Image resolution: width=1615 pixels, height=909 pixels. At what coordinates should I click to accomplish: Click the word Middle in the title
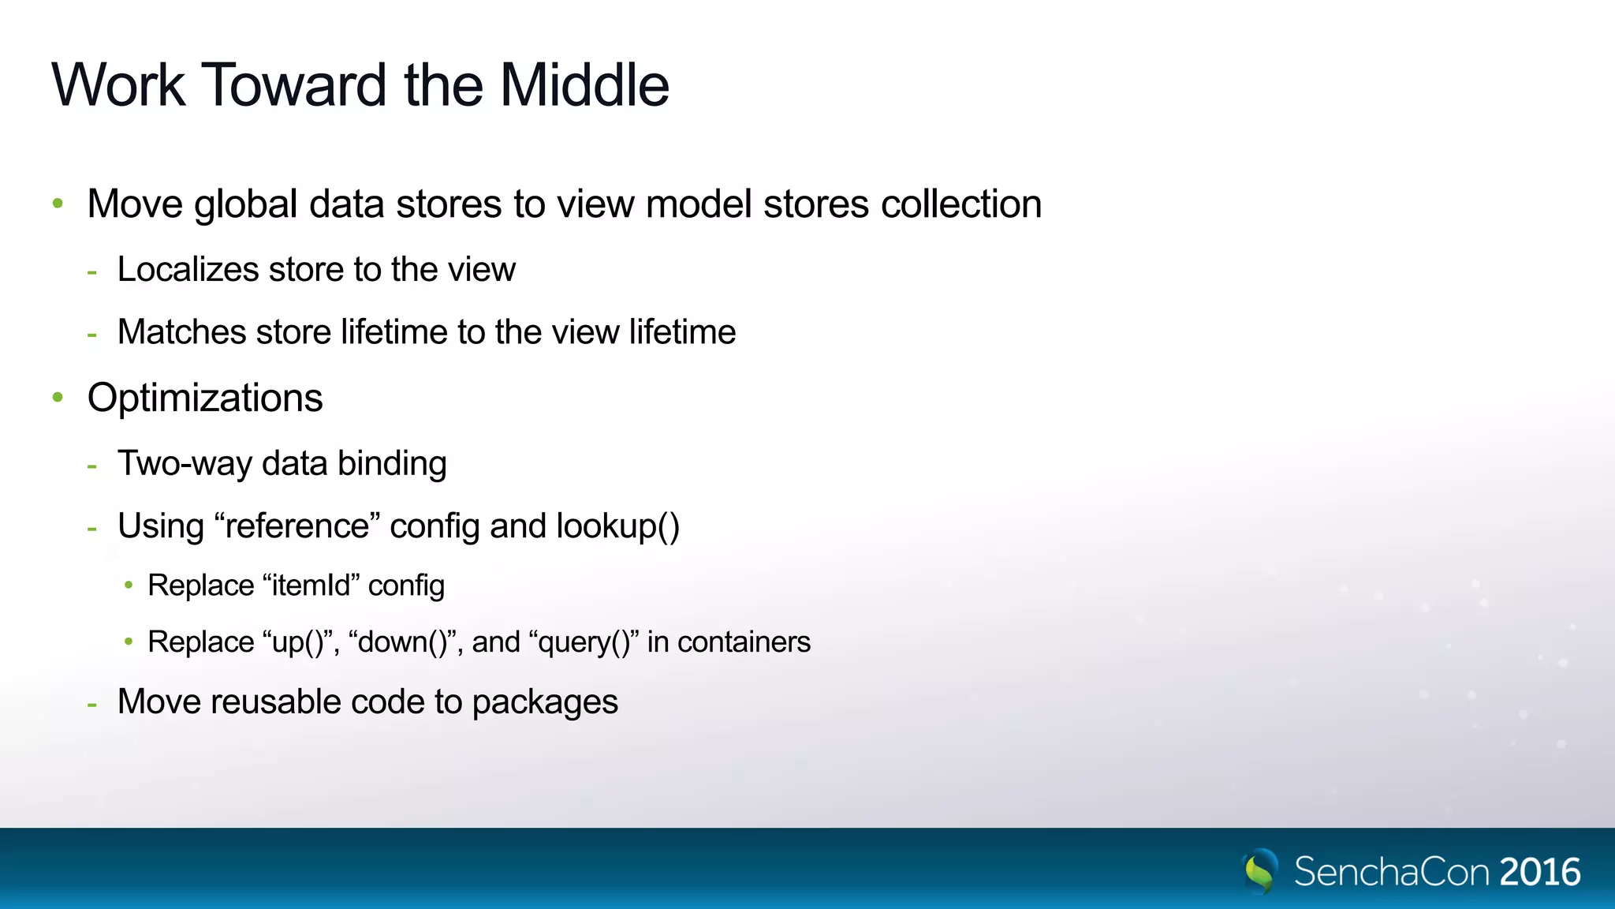pos(584,85)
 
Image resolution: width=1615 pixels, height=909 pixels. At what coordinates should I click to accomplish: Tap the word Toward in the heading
pos(295,85)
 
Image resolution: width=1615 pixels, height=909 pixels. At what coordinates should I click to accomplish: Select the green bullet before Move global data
pos(58,204)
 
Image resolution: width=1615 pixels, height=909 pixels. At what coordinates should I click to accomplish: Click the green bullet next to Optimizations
pos(58,397)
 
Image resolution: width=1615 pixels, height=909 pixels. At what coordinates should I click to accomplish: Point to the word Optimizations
pos(205,398)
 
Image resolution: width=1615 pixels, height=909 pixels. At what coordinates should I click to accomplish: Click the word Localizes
pos(188,269)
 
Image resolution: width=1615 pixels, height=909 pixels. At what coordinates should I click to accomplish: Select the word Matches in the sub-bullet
pos(181,331)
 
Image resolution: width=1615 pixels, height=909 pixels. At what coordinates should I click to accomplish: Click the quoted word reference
pos(297,526)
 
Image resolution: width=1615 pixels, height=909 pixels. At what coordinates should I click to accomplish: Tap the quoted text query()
pos(584,642)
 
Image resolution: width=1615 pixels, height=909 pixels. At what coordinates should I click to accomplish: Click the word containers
pos(744,642)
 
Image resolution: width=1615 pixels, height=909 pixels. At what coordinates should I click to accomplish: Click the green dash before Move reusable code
pos(92,703)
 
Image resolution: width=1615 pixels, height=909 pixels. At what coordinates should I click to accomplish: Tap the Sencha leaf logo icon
pos(1259,870)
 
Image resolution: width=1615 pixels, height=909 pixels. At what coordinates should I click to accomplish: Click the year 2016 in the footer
pos(1540,872)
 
